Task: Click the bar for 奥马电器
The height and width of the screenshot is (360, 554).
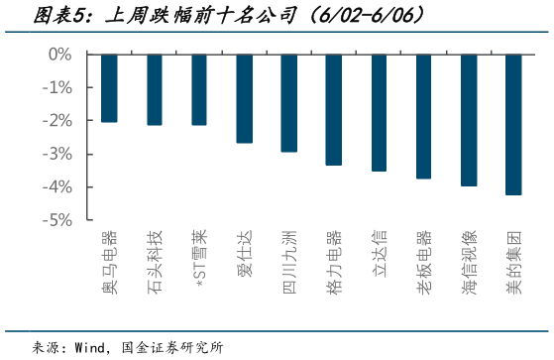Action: click(109, 88)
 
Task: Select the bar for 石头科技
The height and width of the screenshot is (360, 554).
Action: click(155, 89)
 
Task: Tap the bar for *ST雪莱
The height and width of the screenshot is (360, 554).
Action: click(199, 89)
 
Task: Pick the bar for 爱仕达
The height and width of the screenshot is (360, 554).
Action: click(244, 98)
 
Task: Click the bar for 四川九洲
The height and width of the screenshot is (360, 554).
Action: click(289, 103)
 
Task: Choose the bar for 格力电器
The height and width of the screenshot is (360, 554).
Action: click(334, 109)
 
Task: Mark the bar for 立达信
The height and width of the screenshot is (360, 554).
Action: click(379, 112)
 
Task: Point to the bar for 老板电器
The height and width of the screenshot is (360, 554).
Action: click(423, 116)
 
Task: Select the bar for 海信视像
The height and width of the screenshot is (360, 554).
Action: click(469, 120)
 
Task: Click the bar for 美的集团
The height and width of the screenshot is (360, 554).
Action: click(513, 124)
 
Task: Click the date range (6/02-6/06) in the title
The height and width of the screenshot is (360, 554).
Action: click(366, 16)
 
